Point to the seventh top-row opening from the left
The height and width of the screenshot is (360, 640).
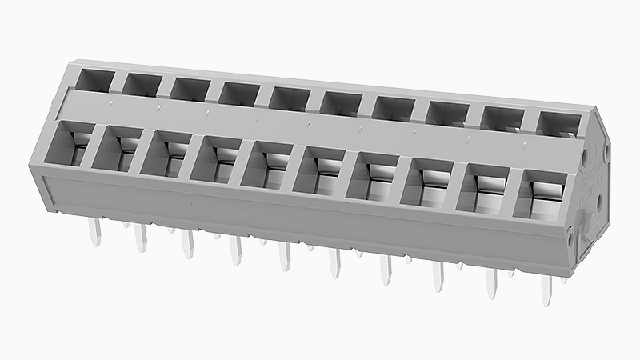point(392,108)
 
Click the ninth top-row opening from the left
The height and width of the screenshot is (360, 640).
point(502,118)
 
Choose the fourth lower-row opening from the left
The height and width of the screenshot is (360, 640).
point(218,158)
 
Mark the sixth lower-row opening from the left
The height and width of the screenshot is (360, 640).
point(321,169)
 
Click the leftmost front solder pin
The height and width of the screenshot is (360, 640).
point(95,233)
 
